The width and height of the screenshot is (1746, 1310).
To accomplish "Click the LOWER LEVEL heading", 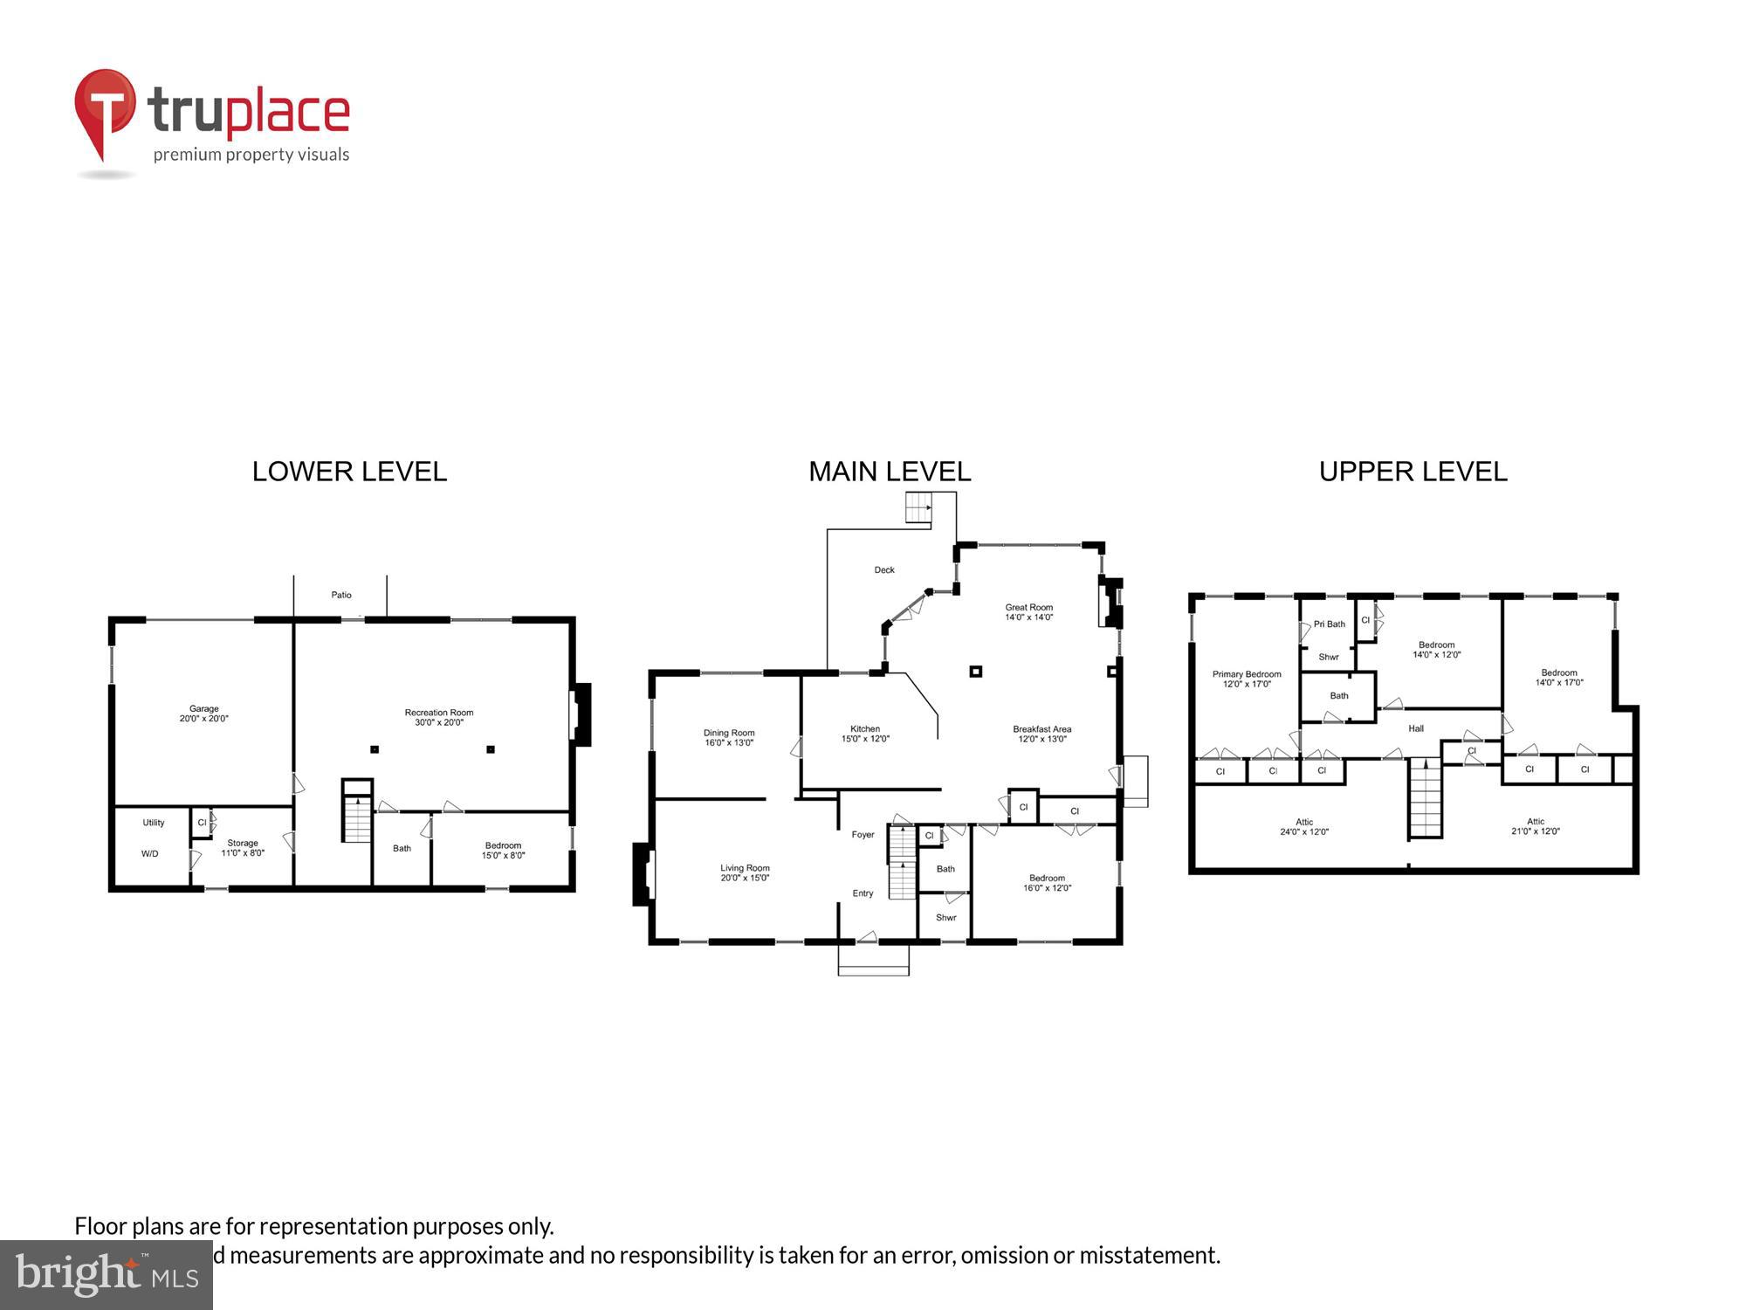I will (x=349, y=472).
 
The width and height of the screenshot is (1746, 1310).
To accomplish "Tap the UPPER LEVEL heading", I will (x=1413, y=472).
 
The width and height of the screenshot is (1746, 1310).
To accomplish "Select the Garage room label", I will (x=204, y=709).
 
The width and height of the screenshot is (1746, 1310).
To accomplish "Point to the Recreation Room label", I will (x=439, y=713).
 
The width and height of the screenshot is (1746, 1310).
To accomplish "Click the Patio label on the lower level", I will (x=341, y=595).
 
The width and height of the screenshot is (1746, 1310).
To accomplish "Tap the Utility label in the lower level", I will (x=154, y=823).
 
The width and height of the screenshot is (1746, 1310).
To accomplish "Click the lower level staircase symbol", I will (x=356, y=817).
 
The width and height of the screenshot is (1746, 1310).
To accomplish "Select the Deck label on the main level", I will (x=884, y=570).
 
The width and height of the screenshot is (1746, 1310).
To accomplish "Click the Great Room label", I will (x=1029, y=607).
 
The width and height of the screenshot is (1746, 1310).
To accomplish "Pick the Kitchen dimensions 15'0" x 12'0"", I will (x=865, y=739).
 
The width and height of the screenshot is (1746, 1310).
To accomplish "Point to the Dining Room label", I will (x=729, y=733).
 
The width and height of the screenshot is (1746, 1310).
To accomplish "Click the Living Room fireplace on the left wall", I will (x=644, y=873).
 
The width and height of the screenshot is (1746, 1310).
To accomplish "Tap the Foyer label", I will (x=863, y=835).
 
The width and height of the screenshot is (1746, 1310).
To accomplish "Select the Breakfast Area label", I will (x=1041, y=729).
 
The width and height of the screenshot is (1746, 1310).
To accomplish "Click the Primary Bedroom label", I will (x=1247, y=674).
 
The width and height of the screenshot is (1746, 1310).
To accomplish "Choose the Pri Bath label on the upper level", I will (x=1329, y=624).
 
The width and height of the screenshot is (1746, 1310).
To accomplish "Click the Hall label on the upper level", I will (x=1416, y=728).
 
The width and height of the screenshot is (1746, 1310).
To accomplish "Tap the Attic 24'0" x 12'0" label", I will (x=1304, y=827).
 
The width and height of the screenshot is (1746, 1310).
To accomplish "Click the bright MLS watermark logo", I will (x=107, y=1275).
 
